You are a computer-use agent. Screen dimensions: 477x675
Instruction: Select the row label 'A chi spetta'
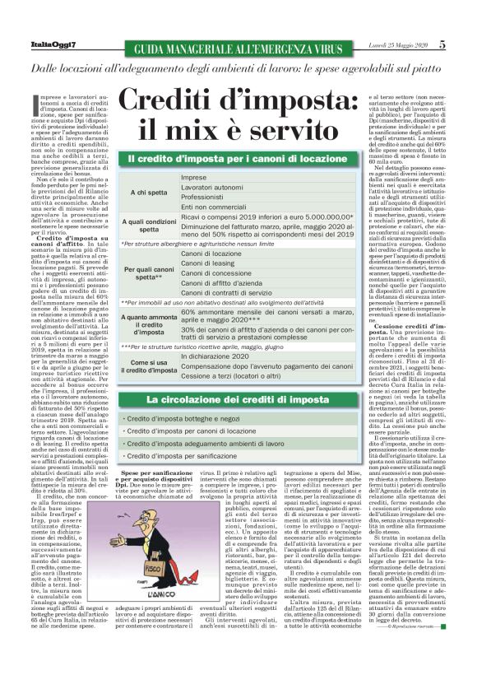click(149, 193)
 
